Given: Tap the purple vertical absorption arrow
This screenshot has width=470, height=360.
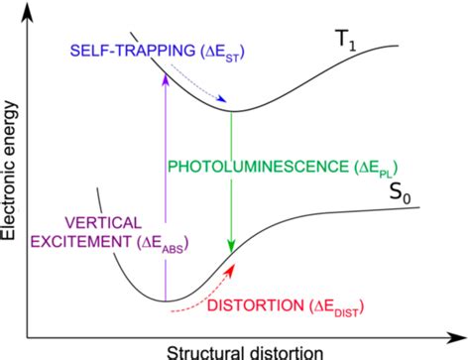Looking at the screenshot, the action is click(x=166, y=198).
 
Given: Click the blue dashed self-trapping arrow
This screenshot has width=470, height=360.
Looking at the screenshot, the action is click(x=208, y=86).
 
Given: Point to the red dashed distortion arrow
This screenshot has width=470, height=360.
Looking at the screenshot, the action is click(x=198, y=299).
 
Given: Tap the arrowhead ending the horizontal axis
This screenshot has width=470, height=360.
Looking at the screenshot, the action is click(x=458, y=334).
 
